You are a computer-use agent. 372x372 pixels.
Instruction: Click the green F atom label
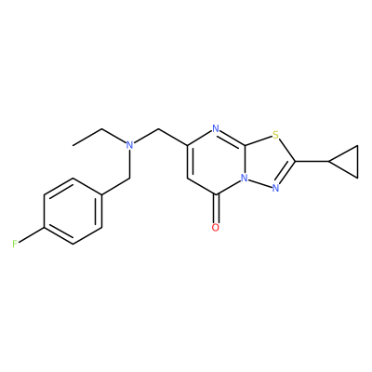[x=15, y=245]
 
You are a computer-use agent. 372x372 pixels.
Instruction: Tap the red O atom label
[x=216, y=228]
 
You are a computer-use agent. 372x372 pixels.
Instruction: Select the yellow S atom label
[x=275, y=135]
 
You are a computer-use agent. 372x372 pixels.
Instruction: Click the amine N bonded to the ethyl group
[x=130, y=144]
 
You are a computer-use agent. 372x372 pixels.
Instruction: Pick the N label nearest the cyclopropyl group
[x=275, y=188]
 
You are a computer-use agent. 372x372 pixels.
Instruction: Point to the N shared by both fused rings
[x=245, y=178]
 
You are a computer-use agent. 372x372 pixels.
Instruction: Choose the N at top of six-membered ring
[x=216, y=128]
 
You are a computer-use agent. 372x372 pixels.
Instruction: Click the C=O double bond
[x=216, y=209]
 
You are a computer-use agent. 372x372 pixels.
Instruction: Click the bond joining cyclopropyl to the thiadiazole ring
[x=312, y=161]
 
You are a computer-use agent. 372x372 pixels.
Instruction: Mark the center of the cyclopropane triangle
[x=349, y=162]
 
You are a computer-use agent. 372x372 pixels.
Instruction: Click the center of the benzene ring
[x=73, y=211]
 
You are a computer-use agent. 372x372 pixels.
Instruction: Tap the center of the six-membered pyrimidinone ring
[x=216, y=161]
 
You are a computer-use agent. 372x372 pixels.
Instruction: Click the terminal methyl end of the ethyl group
[x=73, y=145]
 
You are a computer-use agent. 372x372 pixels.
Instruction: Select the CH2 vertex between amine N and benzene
[x=130, y=179]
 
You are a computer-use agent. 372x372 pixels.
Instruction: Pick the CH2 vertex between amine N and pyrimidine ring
[x=159, y=128]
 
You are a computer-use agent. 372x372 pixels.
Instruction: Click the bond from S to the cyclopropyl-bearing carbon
[x=286, y=150]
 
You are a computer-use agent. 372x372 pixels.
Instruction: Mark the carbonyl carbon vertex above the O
[x=216, y=194]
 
